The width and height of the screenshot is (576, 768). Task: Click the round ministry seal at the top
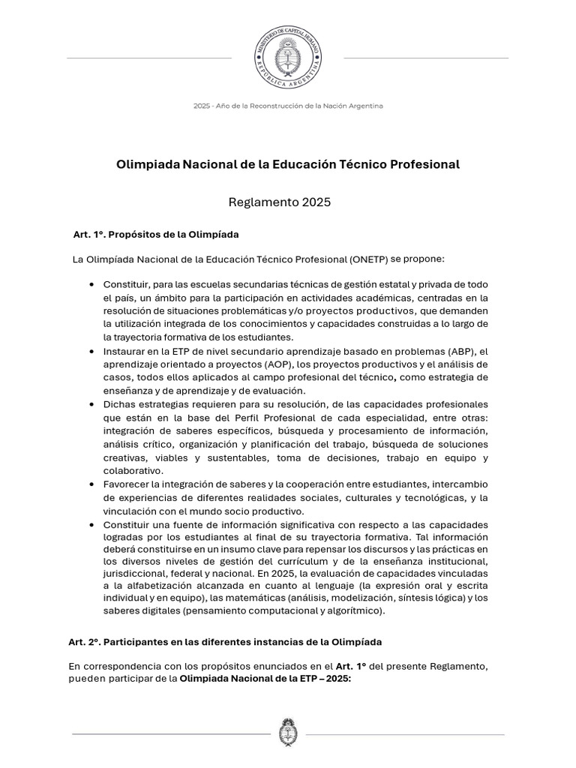(x=288, y=57)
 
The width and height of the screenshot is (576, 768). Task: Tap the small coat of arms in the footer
(x=288, y=733)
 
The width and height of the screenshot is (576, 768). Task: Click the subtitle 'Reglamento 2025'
(x=279, y=202)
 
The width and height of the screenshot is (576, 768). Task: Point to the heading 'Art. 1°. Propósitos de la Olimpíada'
(x=155, y=235)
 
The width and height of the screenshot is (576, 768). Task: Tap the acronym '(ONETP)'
(x=368, y=259)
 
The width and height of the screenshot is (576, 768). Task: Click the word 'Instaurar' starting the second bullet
(x=125, y=351)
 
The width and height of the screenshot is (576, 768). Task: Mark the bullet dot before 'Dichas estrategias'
(x=91, y=404)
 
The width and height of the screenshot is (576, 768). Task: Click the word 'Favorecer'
(x=127, y=484)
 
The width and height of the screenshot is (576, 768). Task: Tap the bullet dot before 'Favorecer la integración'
(x=91, y=484)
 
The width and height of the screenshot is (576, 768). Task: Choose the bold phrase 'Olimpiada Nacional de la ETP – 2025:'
(x=265, y=679)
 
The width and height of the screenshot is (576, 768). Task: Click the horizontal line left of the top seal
(x=149, y=58)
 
